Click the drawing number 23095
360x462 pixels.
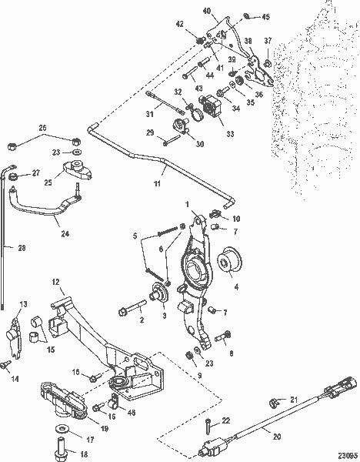347,453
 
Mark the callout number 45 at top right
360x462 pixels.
266,16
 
